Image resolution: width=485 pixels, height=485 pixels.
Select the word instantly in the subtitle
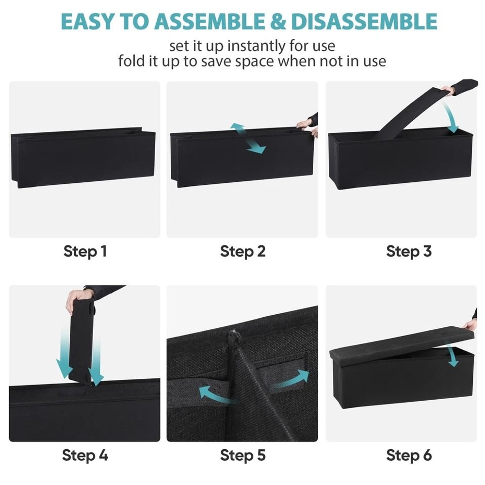[256, 46]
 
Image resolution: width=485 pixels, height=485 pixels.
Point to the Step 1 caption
[85, 251]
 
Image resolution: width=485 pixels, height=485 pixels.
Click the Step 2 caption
[242, 251]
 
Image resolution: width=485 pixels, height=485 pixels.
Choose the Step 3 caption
[409, 251]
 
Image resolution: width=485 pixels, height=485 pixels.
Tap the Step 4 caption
[85, 455]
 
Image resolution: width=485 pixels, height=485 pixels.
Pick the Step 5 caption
[242, 455]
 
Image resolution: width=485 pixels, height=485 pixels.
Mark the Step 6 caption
[409, 455]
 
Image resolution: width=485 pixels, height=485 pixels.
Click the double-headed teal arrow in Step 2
[247, 138]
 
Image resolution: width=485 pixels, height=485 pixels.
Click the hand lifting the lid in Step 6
[470, 324]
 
